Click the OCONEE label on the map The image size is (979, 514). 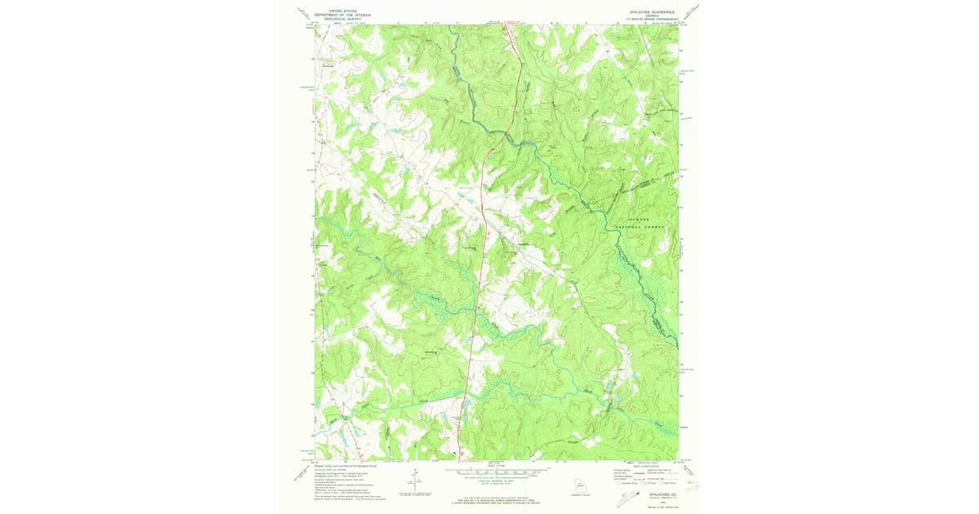coord(646,215)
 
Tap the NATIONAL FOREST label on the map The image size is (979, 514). coord(646,223)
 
